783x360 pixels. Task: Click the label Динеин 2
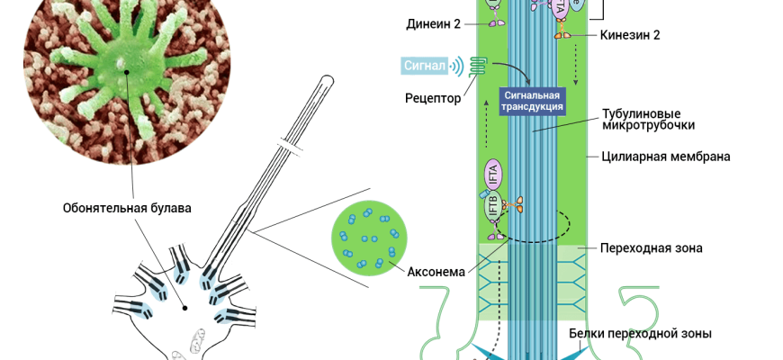coord(433,23)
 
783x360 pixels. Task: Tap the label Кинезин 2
coord(629,35)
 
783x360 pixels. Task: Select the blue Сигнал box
coord(426,65)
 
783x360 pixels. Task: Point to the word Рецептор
coord(432,97)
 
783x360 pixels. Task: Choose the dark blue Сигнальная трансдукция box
coord(533,100)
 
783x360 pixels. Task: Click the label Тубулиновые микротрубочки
coord(645,120)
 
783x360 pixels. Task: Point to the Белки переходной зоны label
coord(640,333)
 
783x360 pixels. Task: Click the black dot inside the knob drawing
coord(186,308)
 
